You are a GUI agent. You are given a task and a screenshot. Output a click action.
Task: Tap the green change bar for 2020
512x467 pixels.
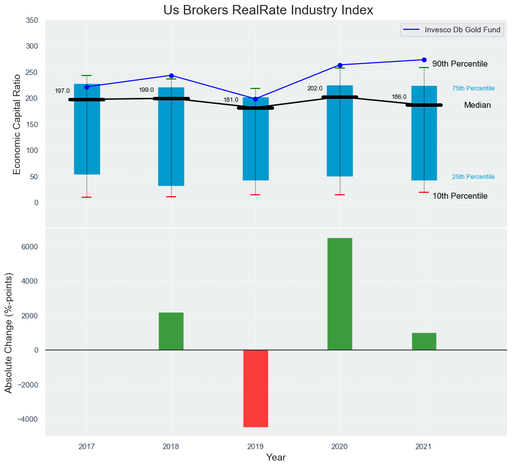click(x=340, y=294)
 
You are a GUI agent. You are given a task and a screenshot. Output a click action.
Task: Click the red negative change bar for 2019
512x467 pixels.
click(x=256, y=388)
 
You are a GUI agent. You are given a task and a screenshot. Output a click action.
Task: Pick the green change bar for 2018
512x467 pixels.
click(x=171, y=331)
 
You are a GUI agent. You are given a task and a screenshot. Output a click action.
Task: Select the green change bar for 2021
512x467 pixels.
click(x=424, y=341)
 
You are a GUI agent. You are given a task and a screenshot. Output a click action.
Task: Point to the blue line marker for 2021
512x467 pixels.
click(x=424, y=60)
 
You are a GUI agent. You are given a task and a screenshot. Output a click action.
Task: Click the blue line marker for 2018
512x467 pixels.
click(x=171, y=76)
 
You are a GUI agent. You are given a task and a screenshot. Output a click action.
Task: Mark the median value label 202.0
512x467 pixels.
click(x=315, y=88)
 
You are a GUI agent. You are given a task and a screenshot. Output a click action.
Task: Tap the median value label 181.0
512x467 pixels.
click(x=231, y=100)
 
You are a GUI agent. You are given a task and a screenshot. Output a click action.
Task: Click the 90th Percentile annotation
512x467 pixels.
click(x=460, y=64)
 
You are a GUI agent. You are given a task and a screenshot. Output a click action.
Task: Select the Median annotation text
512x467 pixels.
click(x=477, y=105)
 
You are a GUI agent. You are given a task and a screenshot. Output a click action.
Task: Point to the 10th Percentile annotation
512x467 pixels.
click(x=460, y=196)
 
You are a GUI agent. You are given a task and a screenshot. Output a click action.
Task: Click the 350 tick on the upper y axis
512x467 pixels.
click(x=31, y=20)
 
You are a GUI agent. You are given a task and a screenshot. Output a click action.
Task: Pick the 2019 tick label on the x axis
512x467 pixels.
click(x=255, y=447)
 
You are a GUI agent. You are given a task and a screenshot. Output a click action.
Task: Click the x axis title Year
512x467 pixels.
click(x=276, y=458)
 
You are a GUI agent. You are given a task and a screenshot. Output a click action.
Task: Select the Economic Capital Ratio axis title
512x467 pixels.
click(x=17, y=124)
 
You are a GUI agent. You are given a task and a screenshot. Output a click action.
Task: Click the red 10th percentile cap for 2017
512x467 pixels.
click(x=87, y=197)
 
